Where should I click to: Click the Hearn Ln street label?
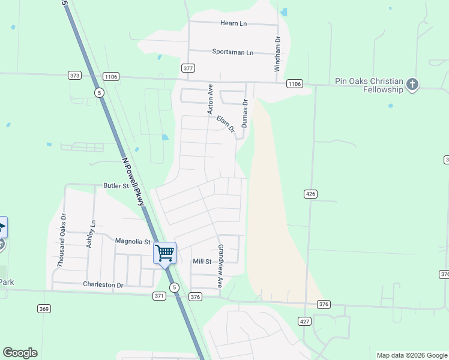click(x=234, y=23)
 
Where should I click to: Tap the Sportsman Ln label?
click(x=232, y=52)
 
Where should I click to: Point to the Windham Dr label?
click(x=278, y=54)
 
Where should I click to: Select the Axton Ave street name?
click(x=210, y=99)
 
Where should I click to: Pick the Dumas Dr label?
click(x=245, y=113)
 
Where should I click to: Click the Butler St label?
click(x=116, y=186)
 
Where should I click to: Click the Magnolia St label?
click(x=133, y=242)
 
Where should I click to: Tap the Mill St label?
click(x=202, y=262)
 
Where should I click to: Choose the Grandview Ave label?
click(x=220, y=266)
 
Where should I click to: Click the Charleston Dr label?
click(x=103, y=285)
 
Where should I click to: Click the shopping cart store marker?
click(x=164, y=253)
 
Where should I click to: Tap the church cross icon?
click(x=412, y=85)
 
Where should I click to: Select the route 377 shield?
click(x=188, y=68)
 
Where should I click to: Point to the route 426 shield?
click(x=310, y=194)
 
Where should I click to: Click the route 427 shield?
click(x=305, y=322)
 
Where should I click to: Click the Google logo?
click(x=20, y=353)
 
